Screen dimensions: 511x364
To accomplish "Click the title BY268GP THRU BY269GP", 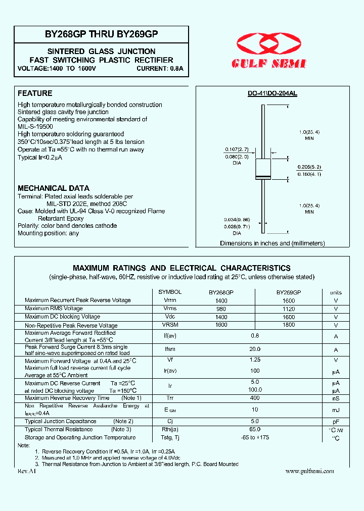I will (x=101, y=34).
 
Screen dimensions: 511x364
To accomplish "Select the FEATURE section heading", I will (x=35, y=93).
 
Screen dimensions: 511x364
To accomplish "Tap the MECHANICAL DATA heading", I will (x=54, y=188).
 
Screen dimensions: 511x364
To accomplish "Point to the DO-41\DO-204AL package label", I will (x=272, y=94).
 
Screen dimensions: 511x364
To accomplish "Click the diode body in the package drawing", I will (x=262, y=169).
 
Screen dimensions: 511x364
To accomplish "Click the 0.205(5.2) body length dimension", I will (x=309, y=167).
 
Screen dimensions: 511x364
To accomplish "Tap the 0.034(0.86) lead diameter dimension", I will (x=237, y=220).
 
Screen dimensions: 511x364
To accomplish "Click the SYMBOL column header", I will (x=170, y=292).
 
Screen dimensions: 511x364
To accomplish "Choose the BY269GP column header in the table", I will (x=288, y=292).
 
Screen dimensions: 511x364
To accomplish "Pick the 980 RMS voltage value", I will (x=221, y=309).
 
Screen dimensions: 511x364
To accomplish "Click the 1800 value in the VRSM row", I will (x=289, y=325).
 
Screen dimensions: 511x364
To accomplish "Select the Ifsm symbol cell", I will (x=170, y=349).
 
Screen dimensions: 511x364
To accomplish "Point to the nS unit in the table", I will (x=336, y=398).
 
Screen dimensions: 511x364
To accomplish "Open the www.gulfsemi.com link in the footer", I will (x=309, y=471).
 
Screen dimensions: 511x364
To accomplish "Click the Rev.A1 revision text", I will (x=27, y=471).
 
